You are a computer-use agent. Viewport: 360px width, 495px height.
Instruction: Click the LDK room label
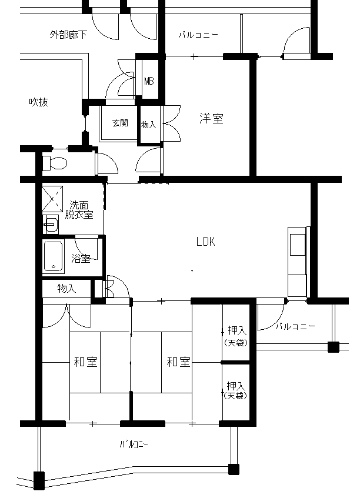pos(205,242)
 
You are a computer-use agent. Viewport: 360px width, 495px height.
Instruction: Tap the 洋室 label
pos(211,118)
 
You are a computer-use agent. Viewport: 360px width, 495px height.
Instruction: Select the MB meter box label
pos(149,82)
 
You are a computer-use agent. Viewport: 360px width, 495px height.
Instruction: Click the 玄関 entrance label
pos(121,123)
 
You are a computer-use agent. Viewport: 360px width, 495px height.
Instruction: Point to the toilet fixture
pos(55,163)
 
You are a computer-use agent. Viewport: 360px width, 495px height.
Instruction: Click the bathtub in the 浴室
pos(54,256)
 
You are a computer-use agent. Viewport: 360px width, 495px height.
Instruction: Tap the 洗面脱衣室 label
pos(79,210)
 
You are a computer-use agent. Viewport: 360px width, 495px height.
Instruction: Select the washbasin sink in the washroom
pos(51,225)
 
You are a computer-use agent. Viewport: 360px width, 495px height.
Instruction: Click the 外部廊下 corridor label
pos(68,35)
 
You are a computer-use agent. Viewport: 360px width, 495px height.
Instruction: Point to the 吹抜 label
pos(38,102)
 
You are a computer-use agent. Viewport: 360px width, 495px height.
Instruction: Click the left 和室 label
pos(85,362)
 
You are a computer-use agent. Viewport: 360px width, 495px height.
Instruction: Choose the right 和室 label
pos(178,362)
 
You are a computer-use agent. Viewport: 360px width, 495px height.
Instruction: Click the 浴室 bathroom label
pos(81,259)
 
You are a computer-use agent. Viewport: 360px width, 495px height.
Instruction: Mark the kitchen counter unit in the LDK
pos(297,262)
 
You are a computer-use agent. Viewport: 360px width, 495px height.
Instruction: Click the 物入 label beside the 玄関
pos(148,125)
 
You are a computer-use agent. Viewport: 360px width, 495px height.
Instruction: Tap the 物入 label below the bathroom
pos(66,288)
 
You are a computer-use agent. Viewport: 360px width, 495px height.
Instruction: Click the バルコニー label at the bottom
pos(134,444)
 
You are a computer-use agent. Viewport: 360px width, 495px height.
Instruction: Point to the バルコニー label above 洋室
pos(198,35)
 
